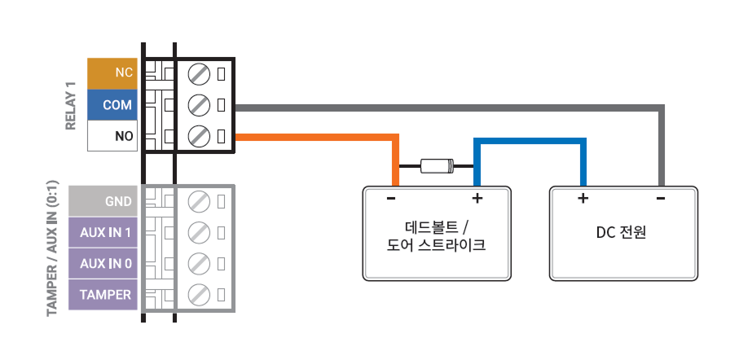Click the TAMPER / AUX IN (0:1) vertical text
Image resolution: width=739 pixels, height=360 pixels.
[x=52, y=247]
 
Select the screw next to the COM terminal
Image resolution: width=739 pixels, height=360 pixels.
[x=198, y=105]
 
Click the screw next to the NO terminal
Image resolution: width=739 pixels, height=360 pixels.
[x=198, y=136]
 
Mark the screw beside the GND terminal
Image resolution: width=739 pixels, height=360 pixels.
[x=198, y=201]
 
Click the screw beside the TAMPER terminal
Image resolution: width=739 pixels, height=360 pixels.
[x=198, y=295]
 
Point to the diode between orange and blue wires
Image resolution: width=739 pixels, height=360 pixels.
[x=437, y=167]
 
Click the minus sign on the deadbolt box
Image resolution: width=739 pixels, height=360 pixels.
[x=391, y=199]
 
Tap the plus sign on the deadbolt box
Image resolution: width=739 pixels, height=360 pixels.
[x=477, y=199]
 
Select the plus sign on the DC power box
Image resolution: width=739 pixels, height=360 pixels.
[x=583, y=199]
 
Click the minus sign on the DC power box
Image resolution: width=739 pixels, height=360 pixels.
[x=660, y=199]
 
